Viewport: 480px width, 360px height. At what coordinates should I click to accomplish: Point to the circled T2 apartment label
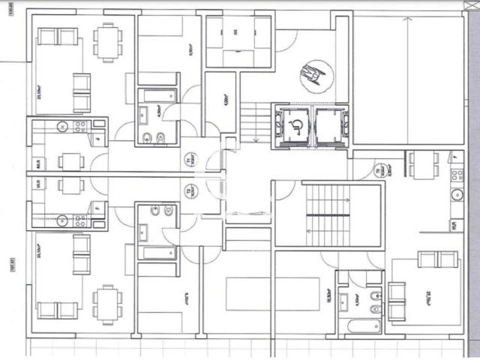pos(188,193)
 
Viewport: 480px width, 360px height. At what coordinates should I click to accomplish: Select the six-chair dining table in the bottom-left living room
pos(106,304)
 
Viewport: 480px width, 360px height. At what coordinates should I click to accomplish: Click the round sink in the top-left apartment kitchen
pos(61,126)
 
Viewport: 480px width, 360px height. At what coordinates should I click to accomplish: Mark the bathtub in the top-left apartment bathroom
pos(158,96)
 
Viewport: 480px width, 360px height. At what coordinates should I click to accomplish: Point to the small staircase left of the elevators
pos(255,121)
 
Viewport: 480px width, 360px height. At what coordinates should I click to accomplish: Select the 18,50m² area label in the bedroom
pos(327,295)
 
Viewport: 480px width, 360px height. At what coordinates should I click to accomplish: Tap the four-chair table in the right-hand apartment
pos(424,163)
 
